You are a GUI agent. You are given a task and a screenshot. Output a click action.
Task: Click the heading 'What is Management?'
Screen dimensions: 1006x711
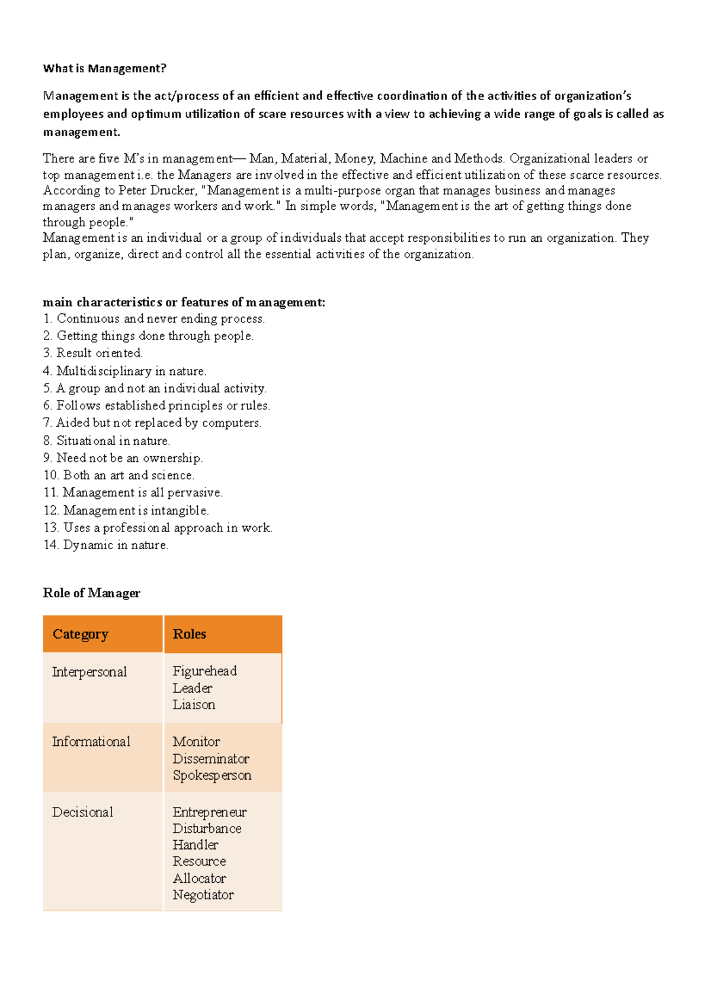point(104,69)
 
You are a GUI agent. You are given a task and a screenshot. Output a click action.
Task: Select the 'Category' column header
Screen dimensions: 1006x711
point(81,634)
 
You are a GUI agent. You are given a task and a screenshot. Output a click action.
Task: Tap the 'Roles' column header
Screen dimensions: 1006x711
point(190,634)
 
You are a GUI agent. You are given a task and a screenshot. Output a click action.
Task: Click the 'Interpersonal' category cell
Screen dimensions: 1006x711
point(89,672)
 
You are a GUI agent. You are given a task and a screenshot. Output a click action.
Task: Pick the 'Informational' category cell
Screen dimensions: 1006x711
point(91,742)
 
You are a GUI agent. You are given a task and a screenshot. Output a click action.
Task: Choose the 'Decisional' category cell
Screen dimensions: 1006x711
point(82,812)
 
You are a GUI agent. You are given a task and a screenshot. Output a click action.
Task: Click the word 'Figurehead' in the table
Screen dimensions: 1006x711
point(204,671)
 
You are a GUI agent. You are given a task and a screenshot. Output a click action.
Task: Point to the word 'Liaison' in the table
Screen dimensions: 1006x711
point(194,705)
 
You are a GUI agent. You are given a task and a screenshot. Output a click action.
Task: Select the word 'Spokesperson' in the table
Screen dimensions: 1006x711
point(212,776)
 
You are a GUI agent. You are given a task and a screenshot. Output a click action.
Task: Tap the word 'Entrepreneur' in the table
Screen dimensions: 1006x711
point(210,812)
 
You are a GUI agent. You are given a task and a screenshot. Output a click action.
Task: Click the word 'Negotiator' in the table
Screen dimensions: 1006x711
point(203,895)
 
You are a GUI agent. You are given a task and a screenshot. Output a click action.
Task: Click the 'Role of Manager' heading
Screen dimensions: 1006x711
point(91,593)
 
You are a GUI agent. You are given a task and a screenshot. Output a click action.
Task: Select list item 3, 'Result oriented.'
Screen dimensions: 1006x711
point(93,353)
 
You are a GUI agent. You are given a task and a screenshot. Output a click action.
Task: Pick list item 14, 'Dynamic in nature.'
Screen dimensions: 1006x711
point(106,545)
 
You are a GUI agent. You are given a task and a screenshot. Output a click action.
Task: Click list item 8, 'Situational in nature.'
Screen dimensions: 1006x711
point(107,441)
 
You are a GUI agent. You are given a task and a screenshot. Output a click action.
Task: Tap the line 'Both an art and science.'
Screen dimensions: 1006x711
point(129,475)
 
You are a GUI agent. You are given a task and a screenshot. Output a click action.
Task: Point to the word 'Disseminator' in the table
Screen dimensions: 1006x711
point(211,759)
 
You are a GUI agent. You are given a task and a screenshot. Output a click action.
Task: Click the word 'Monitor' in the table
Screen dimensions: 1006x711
point(196,742)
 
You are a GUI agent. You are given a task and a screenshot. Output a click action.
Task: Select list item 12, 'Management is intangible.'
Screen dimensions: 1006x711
point(126,510)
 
